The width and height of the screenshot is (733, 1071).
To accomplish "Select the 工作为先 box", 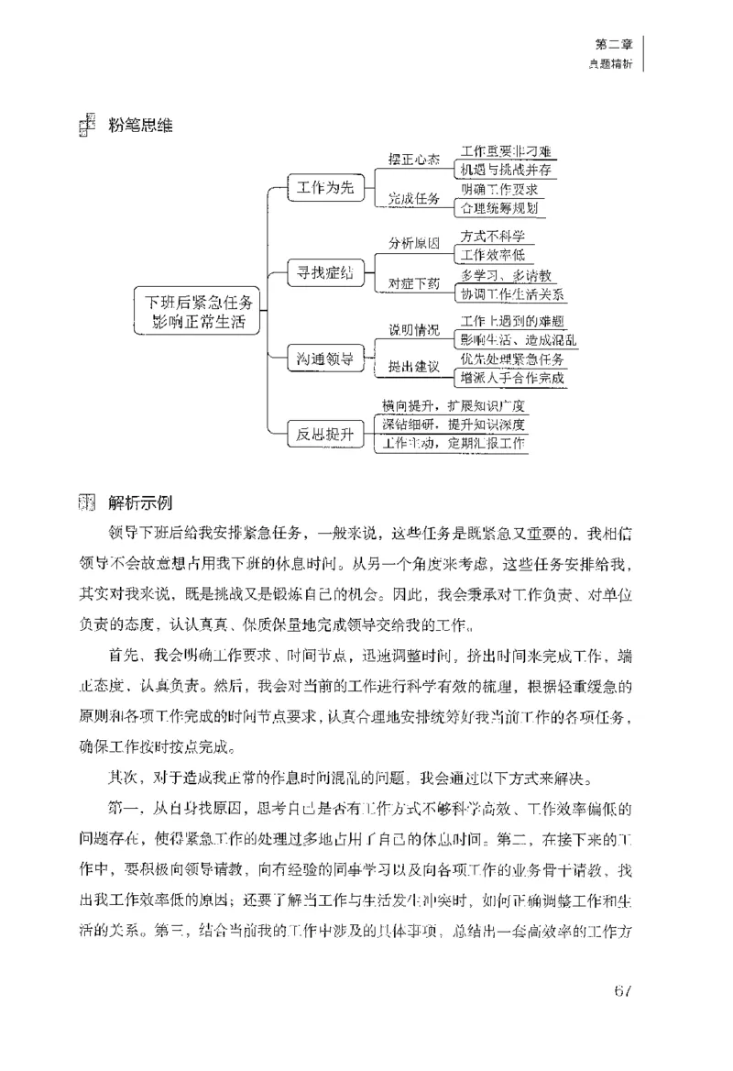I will (321, 188).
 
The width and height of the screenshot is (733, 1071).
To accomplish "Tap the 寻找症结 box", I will (321, 272).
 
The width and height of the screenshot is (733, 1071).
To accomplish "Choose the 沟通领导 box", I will (321, 357).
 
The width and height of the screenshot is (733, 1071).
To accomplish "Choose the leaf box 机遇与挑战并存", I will (507, 170).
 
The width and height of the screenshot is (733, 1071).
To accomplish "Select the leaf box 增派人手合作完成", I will (512, 377).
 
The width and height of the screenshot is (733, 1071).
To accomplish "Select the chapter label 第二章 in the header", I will (613, 43).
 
